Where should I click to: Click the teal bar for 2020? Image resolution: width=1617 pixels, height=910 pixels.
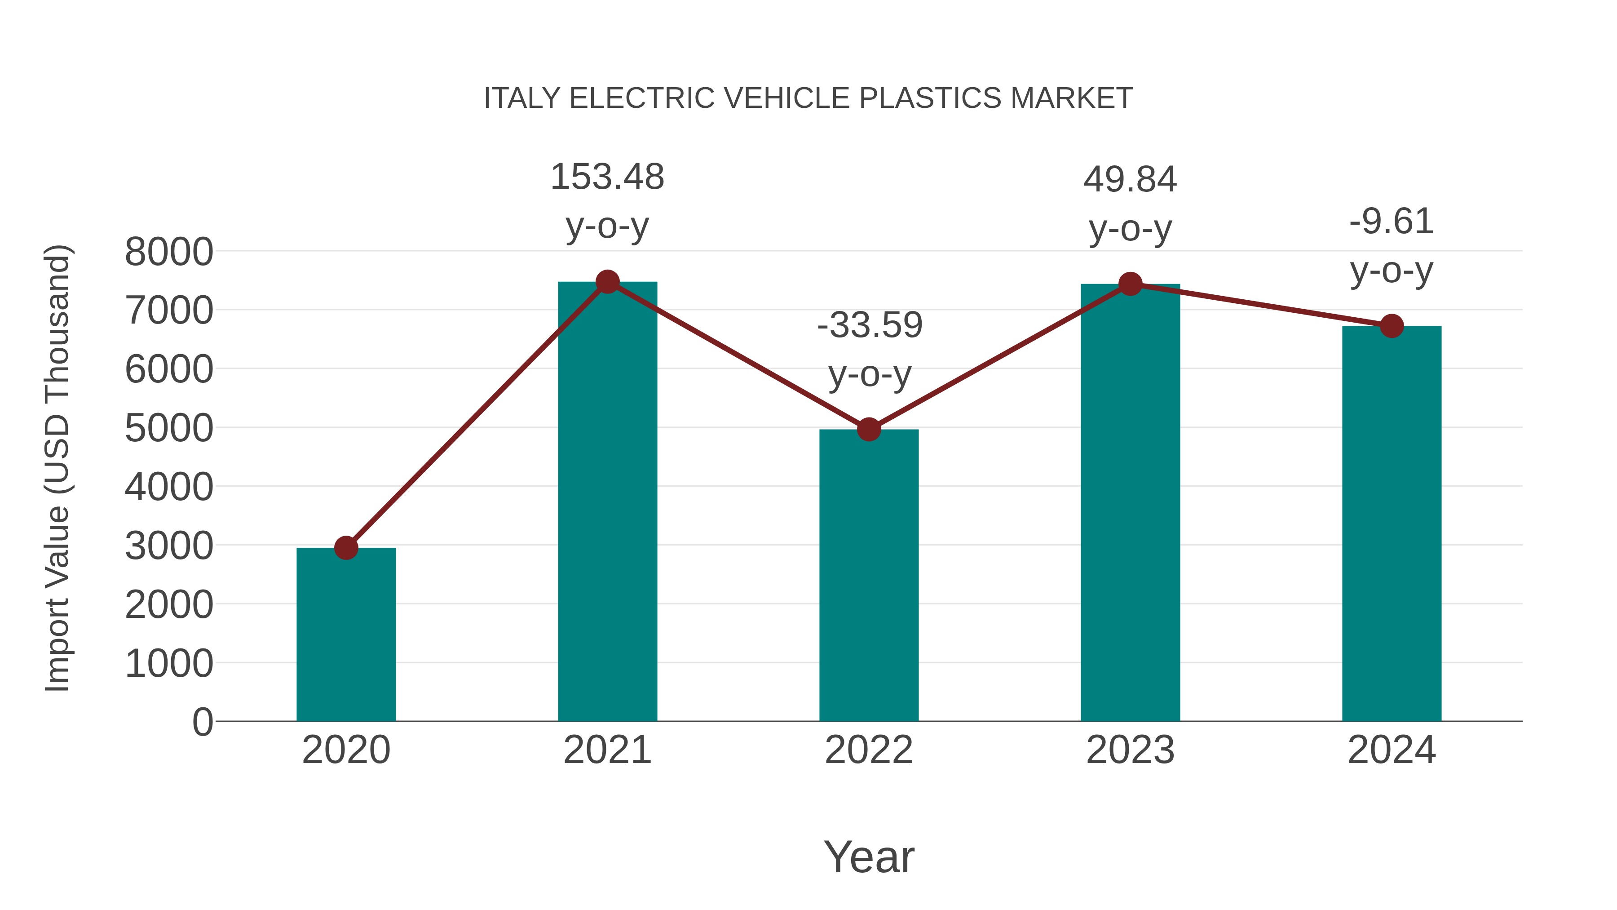coord(346,634)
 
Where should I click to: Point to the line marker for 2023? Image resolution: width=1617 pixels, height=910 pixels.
coord(1131,284)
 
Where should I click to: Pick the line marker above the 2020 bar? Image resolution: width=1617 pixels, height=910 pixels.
coord(346,548)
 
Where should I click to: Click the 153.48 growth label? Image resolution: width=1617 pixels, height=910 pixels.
coord(607,177)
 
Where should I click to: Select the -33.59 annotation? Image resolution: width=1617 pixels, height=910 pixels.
coord(870,325)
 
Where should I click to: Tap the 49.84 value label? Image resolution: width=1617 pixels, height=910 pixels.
coord(1130,180)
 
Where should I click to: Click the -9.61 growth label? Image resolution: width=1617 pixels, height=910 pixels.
coord(1392,221)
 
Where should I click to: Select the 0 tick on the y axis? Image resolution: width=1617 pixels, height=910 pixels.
coord(203,722)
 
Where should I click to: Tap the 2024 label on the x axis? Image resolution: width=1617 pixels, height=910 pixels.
coord(1392,750)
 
